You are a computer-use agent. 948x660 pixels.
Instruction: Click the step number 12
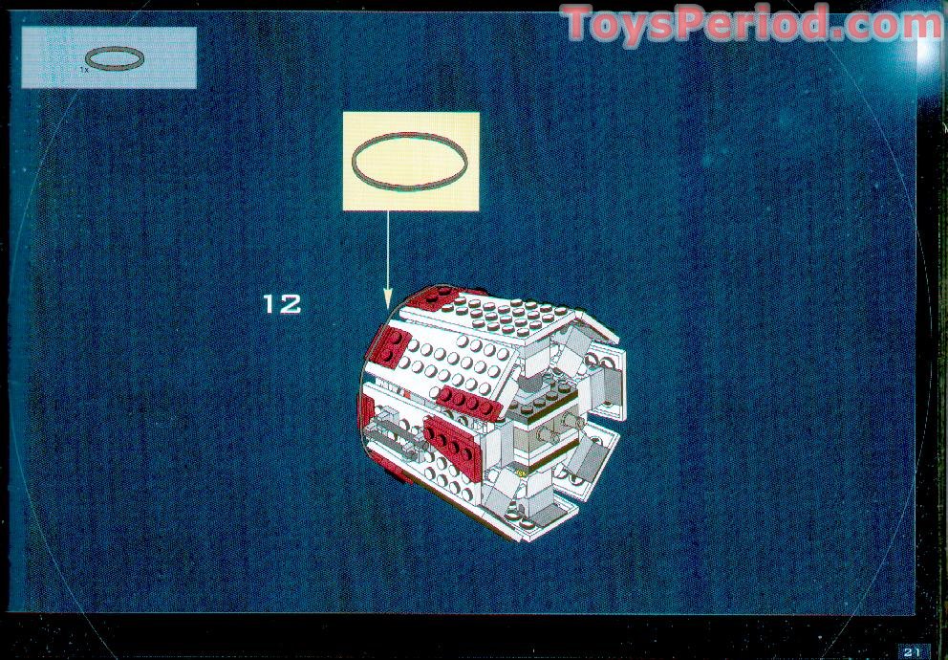[282, 303]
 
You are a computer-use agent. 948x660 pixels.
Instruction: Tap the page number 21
[912, 651]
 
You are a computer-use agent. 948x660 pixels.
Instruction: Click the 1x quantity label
[84, 70]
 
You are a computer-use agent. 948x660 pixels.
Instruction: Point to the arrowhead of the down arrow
[388, 298]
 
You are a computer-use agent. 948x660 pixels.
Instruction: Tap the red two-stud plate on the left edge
[389, 345]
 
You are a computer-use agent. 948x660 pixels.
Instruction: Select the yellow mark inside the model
[520, 470]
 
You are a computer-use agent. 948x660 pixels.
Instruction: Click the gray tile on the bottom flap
[548, 515]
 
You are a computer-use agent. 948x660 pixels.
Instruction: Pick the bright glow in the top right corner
[930, 52]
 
